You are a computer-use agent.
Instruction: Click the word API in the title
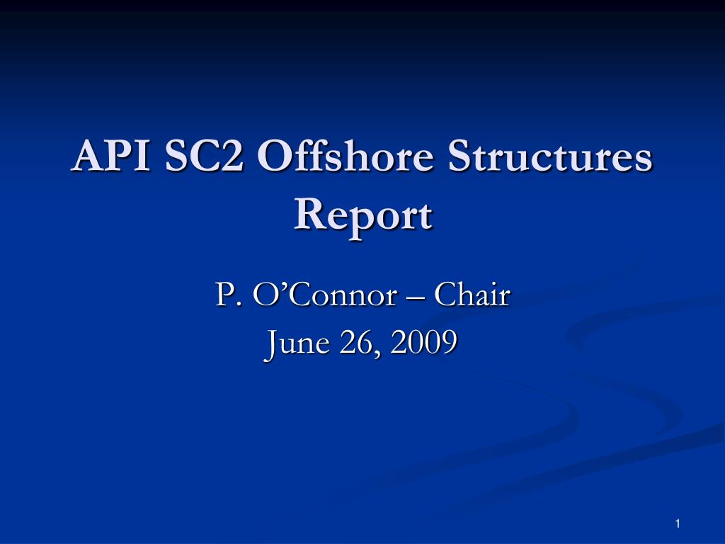click(x=110, y=157)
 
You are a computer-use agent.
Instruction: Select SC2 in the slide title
click(x=205, y=157)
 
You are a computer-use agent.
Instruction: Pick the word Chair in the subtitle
click(x=472, y=295)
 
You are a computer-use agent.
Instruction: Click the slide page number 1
click(x=678, y=523)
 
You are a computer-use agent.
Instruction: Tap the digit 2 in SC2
click(x=231, y=157)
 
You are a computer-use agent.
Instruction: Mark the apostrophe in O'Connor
click(x=273, y=287)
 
